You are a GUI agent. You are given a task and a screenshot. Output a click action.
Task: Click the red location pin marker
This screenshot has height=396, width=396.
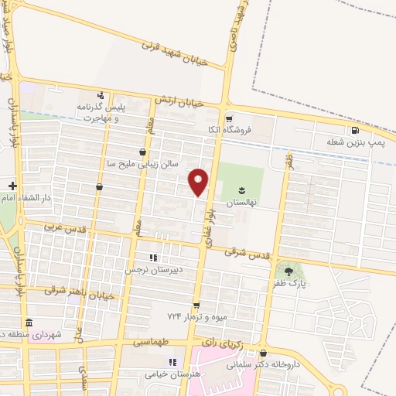point(199,183)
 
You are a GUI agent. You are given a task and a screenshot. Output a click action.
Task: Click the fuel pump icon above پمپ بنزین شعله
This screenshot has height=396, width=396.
point(355,130)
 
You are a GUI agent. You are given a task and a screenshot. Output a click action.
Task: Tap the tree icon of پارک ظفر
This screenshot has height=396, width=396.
point(289,271)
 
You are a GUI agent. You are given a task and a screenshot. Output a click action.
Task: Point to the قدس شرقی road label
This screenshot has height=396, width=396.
point(247,252)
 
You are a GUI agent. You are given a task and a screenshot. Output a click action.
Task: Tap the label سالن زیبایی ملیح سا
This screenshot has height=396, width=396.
point(143,164)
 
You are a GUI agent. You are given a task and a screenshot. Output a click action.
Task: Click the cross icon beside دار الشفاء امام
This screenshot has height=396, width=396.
point(12,185)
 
